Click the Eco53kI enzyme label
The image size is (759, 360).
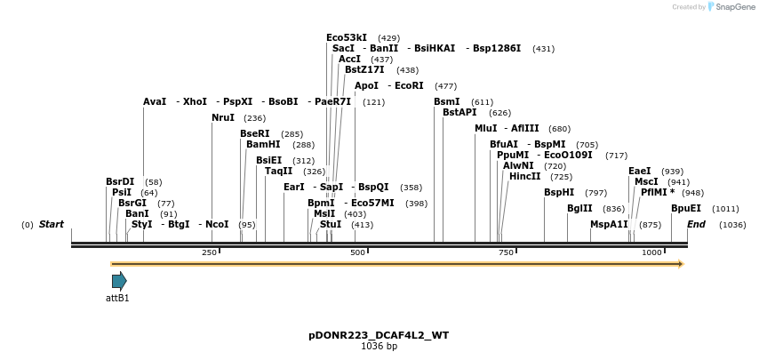347,37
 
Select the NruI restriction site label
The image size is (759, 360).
223,117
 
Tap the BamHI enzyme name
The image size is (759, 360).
263,144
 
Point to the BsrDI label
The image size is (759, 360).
120,181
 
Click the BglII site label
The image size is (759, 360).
579,208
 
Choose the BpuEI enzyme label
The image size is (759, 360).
686,208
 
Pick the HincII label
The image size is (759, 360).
524,176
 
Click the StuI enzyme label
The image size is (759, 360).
330,224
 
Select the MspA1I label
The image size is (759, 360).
609,224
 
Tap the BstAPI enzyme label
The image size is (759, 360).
459,112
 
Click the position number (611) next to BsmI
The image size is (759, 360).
482,102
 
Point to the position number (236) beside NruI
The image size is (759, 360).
254,118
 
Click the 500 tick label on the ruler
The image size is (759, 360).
357,253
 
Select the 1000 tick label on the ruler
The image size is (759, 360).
651,253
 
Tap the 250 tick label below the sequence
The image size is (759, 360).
210,253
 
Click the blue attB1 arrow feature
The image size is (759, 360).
119,281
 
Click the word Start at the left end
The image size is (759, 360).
51,224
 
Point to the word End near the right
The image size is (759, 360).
696,224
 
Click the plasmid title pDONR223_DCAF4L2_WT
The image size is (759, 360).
379,335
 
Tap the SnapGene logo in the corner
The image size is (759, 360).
731,6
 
